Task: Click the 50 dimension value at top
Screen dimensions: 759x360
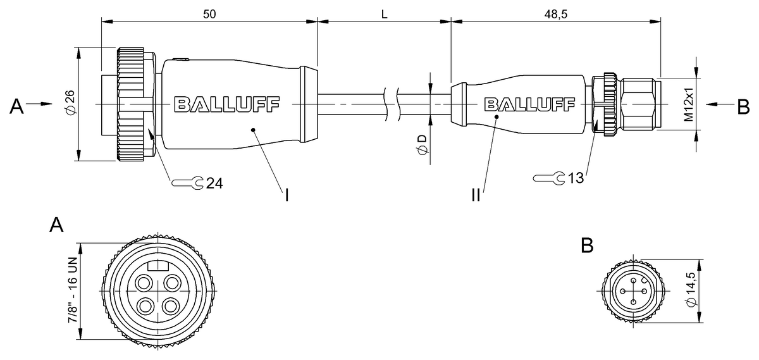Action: point(209,15)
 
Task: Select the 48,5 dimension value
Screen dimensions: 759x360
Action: point(556,15)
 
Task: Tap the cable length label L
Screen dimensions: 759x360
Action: point(385,15)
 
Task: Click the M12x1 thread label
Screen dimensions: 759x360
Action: point(689,104)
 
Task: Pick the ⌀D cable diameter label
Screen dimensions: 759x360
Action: point(423,145)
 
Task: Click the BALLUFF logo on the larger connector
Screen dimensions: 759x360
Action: point(226,104)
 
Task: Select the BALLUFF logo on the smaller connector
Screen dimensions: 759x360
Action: point(529,104)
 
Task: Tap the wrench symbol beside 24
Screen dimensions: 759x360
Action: point(187,183)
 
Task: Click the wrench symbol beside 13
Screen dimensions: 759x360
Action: point(549,178)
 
